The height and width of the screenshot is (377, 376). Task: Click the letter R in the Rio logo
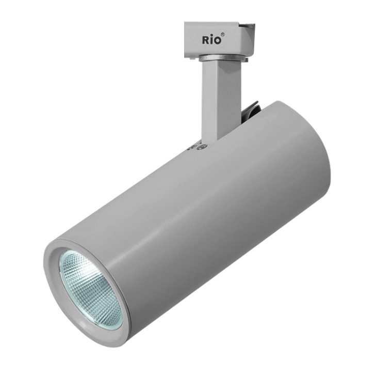(205, 40)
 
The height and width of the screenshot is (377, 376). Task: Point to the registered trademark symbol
(223, 35)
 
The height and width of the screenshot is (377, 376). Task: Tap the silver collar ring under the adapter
(222, 58)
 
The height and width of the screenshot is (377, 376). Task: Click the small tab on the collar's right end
(246, 59)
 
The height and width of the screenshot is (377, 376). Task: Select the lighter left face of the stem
(209, 101)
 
